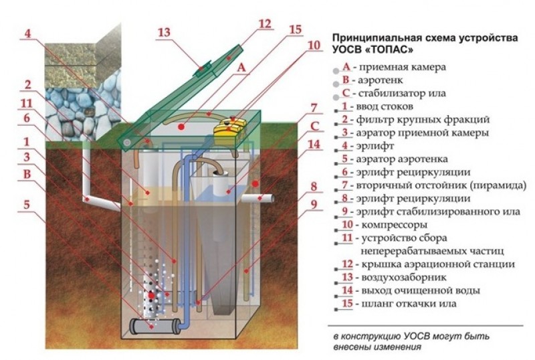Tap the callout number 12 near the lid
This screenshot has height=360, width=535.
click(265, 24)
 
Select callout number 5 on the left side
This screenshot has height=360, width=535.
click(27, 205)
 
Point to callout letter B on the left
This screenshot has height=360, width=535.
click(27, 174)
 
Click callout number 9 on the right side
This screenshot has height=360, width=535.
click(314, 204)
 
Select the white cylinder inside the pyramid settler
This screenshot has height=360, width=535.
click(222, 183)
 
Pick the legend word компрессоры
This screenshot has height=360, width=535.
click(394, 226)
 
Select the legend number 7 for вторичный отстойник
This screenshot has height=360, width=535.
click(345, 185)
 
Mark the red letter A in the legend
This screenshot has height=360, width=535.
click(346, 67)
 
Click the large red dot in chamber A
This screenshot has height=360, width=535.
click(181, 127)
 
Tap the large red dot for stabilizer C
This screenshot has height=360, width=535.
click(255, 184)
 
